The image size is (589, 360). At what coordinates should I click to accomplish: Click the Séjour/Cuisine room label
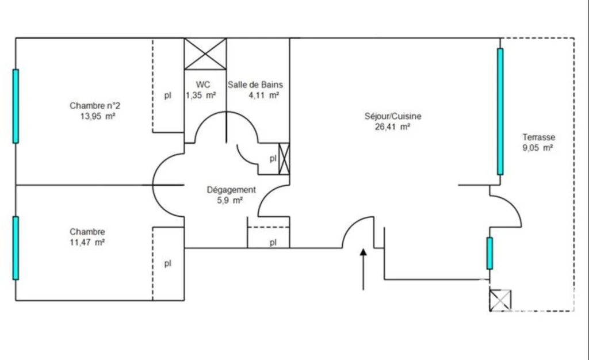point(393,116)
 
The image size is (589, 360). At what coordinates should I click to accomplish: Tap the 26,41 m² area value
point(392,127)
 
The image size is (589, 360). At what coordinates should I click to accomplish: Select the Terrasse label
point(538,137)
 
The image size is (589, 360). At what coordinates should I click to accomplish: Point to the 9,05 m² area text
point(538,148)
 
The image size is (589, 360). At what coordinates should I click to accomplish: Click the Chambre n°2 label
point(95,106)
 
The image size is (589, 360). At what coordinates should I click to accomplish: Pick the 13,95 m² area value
point(98,116)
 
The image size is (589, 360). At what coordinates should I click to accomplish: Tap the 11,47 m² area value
point(87,243)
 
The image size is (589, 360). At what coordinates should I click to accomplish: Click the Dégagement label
point(231,190)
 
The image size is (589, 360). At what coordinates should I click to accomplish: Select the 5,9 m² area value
point(230,201)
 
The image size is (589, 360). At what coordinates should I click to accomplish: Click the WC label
point(203,85)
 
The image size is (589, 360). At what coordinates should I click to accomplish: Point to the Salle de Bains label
point(255,85)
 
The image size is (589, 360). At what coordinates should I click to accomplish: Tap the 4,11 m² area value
point(263,95)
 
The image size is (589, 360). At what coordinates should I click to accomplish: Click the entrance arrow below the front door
point(364,269)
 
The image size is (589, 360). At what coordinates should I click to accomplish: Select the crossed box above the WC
point(205,53)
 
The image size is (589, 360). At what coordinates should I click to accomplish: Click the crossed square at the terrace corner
point(500,300)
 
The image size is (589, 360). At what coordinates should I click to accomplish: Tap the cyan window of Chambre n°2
point(16,106)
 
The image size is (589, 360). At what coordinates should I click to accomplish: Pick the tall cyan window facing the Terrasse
point(500,112)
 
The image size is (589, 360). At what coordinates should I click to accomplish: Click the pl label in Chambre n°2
point(168,95)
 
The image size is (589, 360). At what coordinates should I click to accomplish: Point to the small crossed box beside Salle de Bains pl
point(284,159)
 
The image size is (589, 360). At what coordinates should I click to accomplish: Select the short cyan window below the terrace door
point(490,254)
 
